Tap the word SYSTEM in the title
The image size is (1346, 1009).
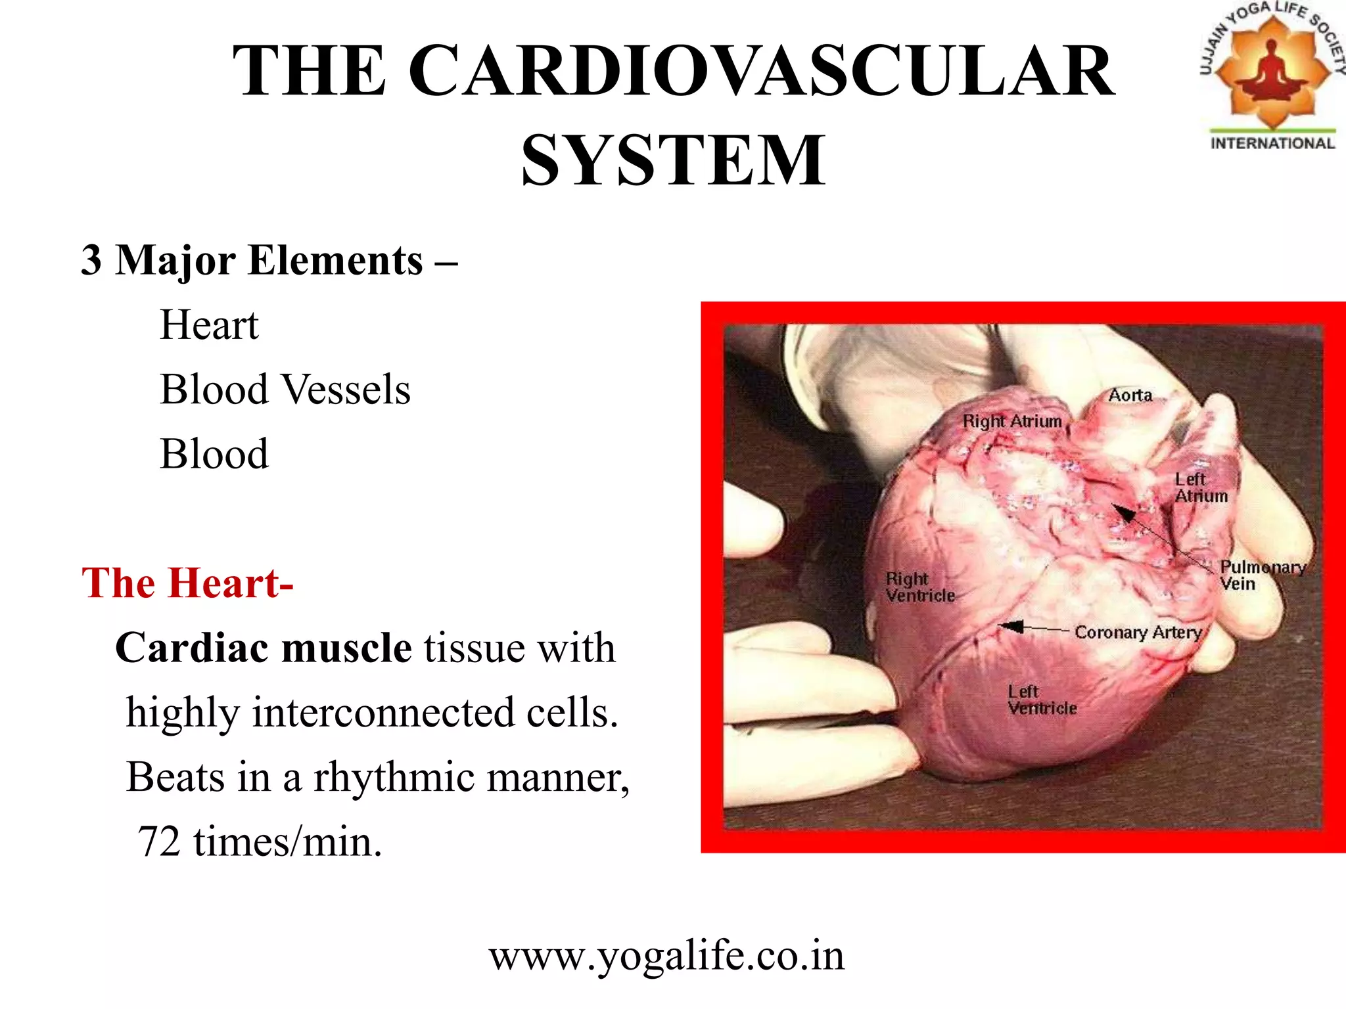click(x=672, y=160)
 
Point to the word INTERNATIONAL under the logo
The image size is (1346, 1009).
click(x=1272, y=143)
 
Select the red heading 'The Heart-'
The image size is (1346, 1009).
click(x=187, y=583)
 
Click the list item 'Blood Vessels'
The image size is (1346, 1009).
click(x=285, y=390)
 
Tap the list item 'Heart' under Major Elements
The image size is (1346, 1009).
click(x=209, y=325)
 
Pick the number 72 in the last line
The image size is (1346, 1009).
click(x=159, y=841)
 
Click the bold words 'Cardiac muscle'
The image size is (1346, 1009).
click(x=264, y=648)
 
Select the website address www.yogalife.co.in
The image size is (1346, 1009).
click(x=666, y=956)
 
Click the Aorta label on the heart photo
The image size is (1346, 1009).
click(x=1130, y=395)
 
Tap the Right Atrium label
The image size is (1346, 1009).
click(x=1012, y=421)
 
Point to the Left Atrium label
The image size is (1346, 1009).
click(x=1200, y=487)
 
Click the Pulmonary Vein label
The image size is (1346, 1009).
click(x=1261, y=575)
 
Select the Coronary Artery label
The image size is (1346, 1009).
click(x=1138, y=632)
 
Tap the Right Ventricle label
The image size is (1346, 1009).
click(x=919, y=587)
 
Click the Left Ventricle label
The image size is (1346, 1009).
click(x=1042, y=700)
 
